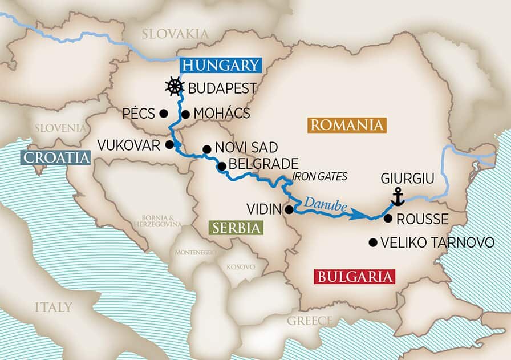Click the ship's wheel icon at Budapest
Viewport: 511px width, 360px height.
click(x=175, y=87)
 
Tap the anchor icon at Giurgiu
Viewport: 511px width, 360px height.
click(x=398, y=197)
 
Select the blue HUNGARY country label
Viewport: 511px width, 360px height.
click(x=221, y=65)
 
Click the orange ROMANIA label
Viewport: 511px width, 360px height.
click(x=346, y=125)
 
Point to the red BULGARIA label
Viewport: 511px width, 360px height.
click(x=354, y=277)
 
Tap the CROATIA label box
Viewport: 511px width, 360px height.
click(x=55, y=157)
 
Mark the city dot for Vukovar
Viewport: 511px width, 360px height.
click(x=169, y=144)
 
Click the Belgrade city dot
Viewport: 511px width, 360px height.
click(x=221, y=167)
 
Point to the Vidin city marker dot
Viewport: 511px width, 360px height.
click(x=289, y=209)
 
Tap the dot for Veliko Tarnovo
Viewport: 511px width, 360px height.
click(x=373, y=242)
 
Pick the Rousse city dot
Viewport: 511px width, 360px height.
click(x=388, y=218)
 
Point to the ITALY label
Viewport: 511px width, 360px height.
click(x=53, y=308)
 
